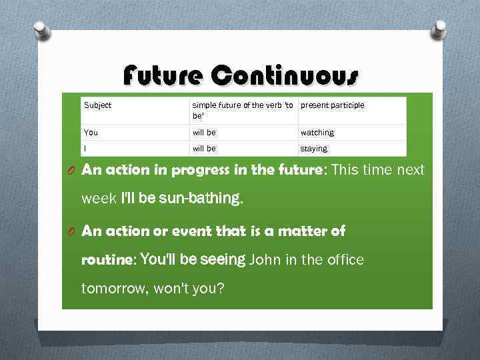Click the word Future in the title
click(x=162, y=77)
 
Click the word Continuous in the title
click(x=285, y=77)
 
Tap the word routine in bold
click(x=107, y=260)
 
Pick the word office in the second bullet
click(x=343, y=259)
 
